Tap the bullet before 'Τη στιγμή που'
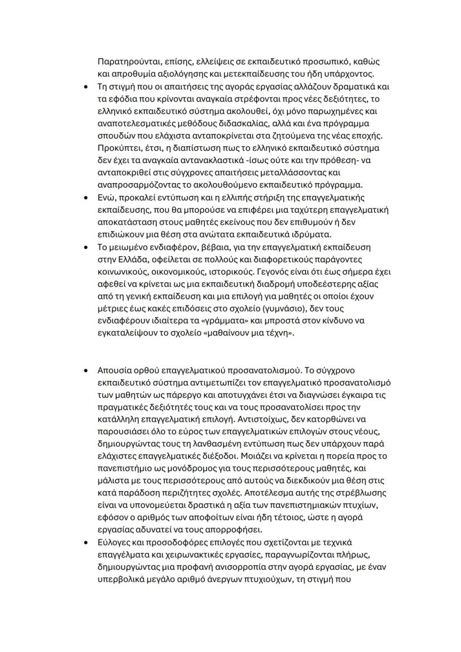tap(85, 87)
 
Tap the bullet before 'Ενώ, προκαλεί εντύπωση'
tap(85, 198)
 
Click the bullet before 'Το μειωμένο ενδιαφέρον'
tap(85, 247)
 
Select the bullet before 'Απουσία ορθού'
tap(85, 370)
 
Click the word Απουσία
tap(114, 370)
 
